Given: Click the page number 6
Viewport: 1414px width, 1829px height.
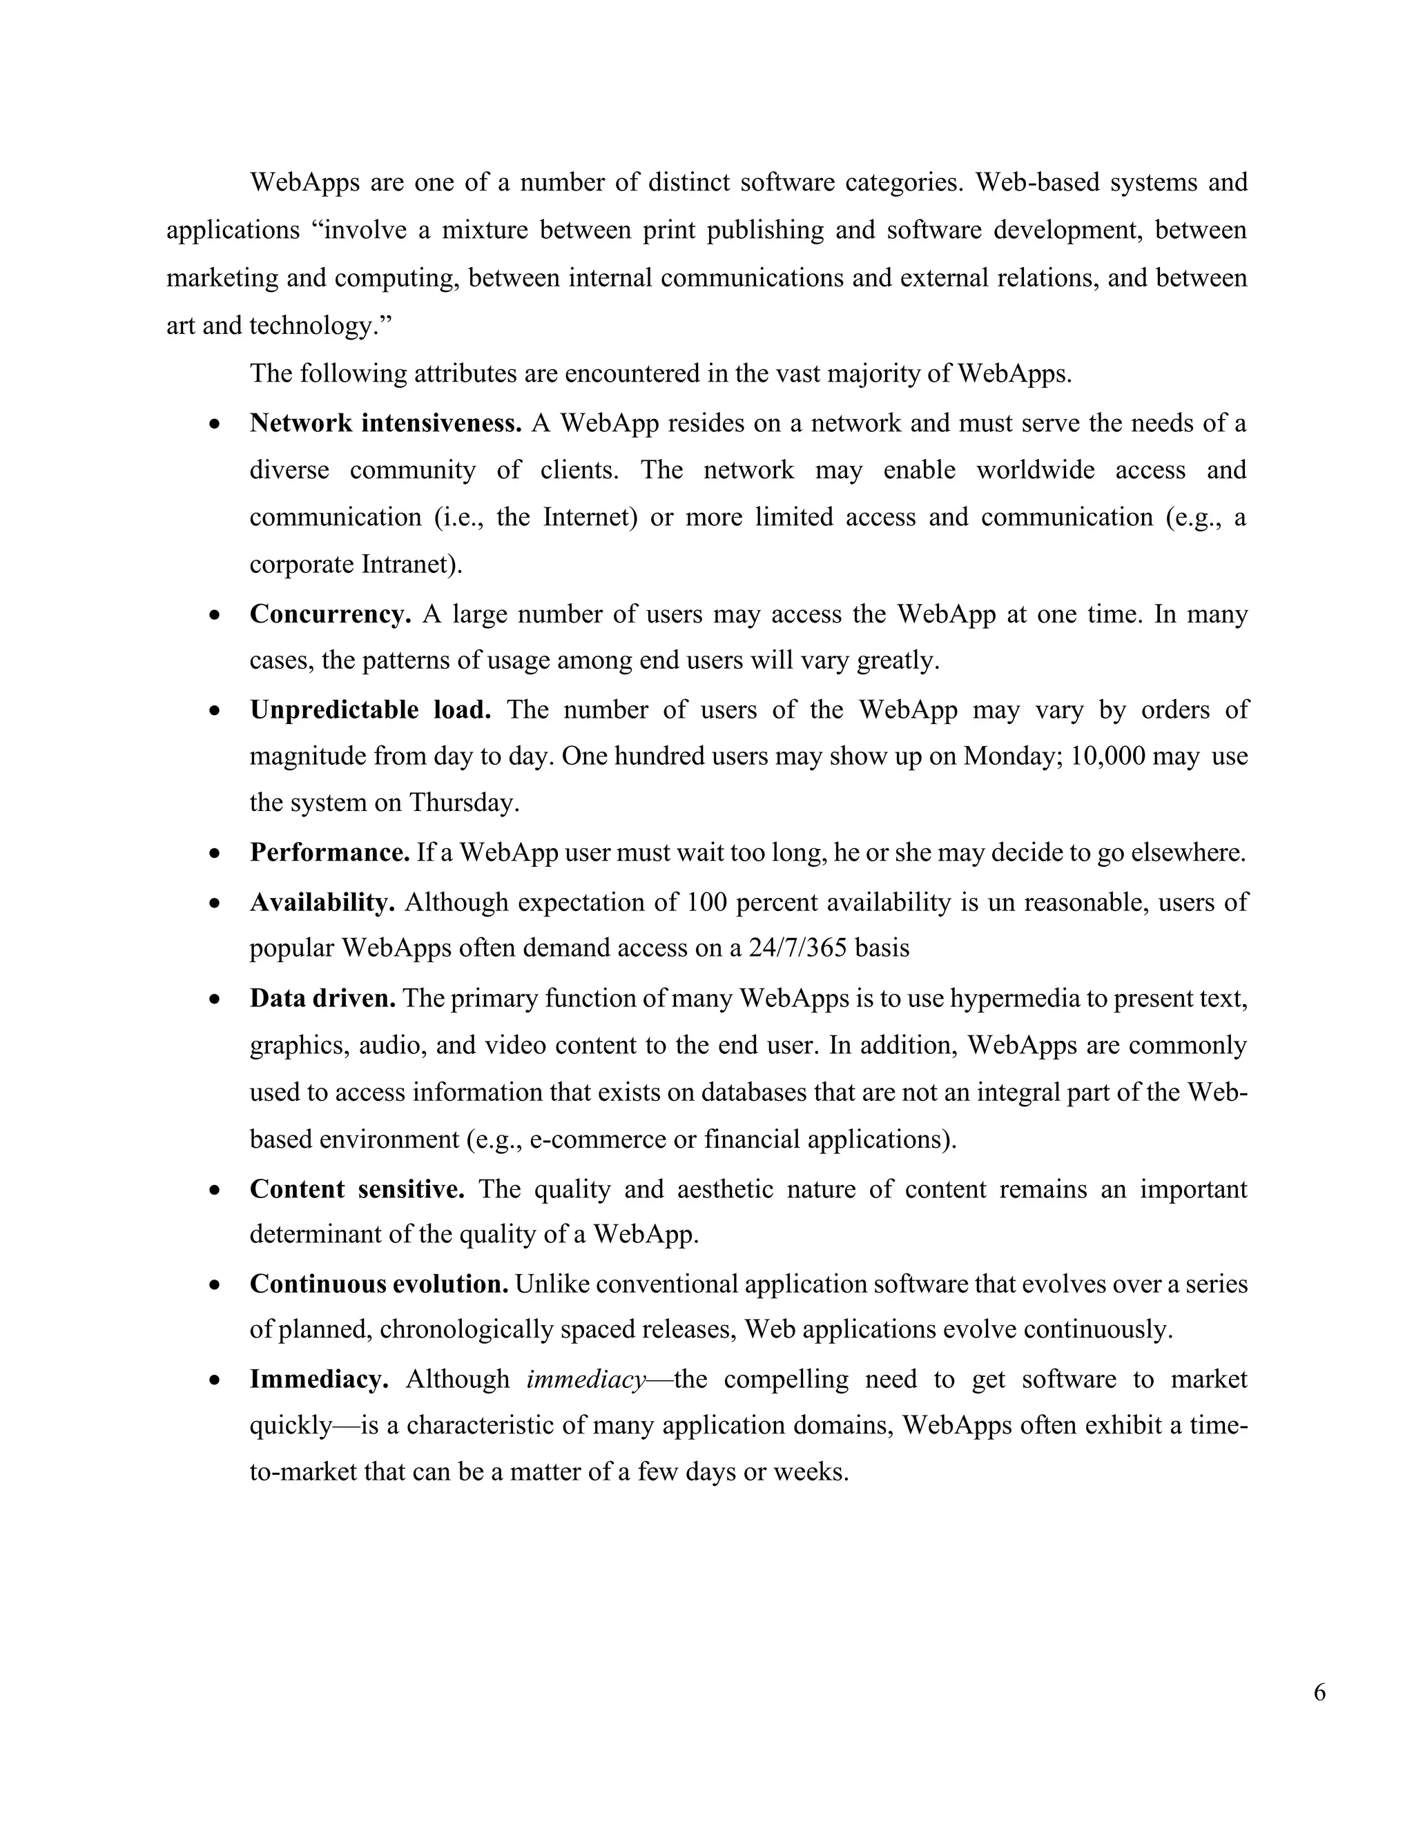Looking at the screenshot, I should tap(1319, 1692).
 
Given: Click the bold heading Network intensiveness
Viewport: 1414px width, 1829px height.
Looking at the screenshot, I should tap(385, 423).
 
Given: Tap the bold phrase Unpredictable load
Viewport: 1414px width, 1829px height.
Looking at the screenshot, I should tap(370, 710).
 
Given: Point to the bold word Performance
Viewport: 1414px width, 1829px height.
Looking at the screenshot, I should tap(329, 852).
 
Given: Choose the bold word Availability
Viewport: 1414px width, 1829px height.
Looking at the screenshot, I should tap(322, 902).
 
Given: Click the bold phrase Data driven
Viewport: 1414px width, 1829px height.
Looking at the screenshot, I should tap(322, 998).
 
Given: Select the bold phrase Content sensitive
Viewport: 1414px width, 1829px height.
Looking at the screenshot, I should tap(357, 1189).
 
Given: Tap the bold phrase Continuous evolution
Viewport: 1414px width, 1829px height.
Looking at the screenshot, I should tap(378, 1284).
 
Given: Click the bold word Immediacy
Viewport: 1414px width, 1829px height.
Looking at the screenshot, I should tap(319, 1379).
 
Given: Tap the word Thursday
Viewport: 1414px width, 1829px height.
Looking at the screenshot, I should tap(463, 803).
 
